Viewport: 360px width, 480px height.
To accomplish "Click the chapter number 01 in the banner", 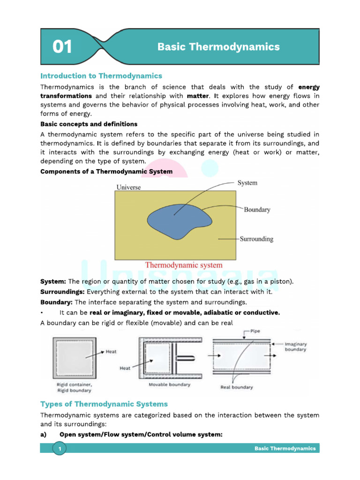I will point(62,47).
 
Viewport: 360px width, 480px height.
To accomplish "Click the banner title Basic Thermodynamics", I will point(218,47).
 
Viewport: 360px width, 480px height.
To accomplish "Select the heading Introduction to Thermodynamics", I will point(101,75).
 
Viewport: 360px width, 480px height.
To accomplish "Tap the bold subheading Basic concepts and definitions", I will point(89,124).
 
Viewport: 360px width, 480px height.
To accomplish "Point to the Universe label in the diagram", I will point(128,187).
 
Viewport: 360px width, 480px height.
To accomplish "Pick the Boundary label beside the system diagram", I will point(257,210).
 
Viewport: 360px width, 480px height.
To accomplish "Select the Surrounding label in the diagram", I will point(256,239).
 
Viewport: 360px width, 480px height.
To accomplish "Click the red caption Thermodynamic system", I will point(184,265).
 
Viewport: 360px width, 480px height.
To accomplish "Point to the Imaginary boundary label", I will point(295,346).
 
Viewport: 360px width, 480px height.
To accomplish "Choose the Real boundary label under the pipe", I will point(236,387).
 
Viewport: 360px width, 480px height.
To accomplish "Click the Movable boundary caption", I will point(169,385).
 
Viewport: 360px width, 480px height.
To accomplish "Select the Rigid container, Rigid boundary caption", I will point(71,387).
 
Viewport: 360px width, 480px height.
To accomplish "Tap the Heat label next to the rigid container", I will point(111,351).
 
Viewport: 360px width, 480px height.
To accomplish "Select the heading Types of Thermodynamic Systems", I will point(104,404).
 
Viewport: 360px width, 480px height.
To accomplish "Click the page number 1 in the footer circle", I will point(60,450).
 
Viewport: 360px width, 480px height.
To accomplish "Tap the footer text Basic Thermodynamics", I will point(285,449).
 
